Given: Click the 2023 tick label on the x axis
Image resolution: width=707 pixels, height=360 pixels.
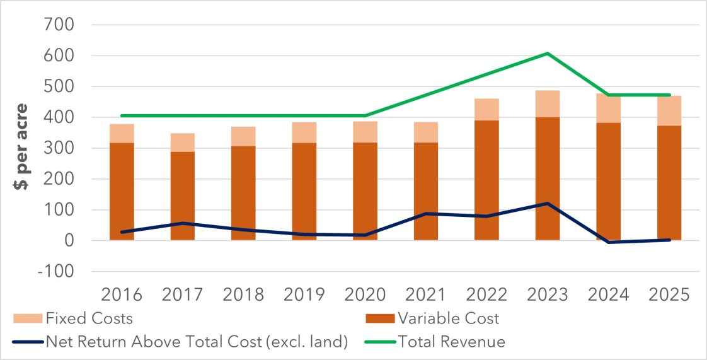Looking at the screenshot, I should pos(547,294).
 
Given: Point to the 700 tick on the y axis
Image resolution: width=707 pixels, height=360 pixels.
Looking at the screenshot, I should pos(57,25).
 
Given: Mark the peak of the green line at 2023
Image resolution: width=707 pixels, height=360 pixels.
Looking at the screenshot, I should pos(547,54).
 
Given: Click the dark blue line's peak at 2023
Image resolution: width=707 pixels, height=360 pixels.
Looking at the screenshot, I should pos(547,204).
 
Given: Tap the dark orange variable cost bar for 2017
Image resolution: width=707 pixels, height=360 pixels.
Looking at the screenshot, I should pos(182,211).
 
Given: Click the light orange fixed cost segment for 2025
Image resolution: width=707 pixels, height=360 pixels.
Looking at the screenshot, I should pos(669,111).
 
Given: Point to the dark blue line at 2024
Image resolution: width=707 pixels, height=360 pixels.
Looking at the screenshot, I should pos(608,242).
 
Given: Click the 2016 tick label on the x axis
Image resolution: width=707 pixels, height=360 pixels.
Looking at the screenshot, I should pos(121,294).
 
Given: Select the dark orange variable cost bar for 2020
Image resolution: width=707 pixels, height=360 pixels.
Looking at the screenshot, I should pos(365,221).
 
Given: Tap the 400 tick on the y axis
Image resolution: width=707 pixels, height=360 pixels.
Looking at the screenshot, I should pos(57,118).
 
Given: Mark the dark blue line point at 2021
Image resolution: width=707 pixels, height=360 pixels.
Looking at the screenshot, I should pos(425,214).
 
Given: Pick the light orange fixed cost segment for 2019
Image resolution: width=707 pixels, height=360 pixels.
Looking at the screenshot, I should pos(304,132).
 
